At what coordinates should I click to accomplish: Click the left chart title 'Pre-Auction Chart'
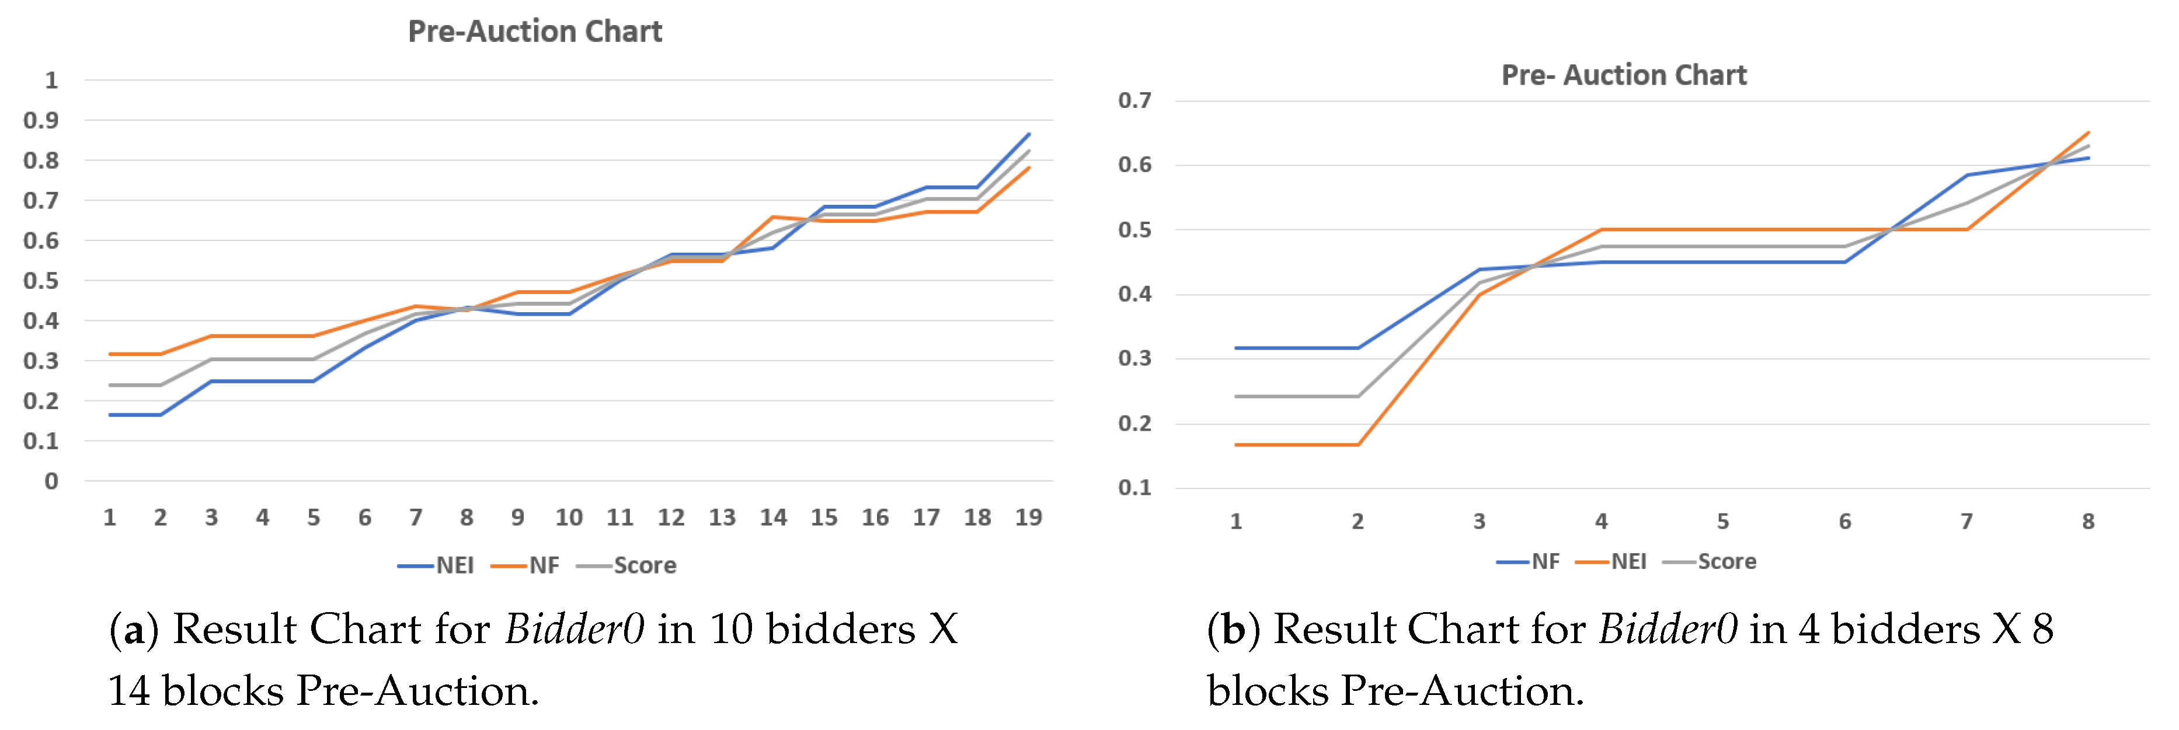pyautogui.click(x=535, y=32)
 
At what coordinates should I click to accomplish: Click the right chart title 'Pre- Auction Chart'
pyautogui.click(x=1623, y=75)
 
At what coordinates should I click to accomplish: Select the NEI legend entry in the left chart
pyautogui.click(x=454, y=565)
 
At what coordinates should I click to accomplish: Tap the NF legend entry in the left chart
pyautogui.click(x=544, y=565)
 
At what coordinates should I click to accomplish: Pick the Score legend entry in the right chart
pyautogui.click(x=1727, y=562)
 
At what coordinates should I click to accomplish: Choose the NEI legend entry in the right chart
pyautogui.click(x=1628, y=562)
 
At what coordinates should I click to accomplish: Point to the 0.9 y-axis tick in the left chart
pyautogui.click(x=41, y=120)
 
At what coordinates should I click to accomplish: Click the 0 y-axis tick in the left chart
pyautogui.click(x=51, y=481)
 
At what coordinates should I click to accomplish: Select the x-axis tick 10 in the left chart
pyautogui.click(x=569, y=518)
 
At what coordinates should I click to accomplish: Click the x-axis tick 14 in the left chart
pyautogui.click(x=773, y=518)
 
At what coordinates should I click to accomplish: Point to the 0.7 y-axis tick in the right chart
pyautogui.click(x=1134, y=101)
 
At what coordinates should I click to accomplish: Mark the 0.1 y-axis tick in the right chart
pyautogui.click(x=1134, y=488)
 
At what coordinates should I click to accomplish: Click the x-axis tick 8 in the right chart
pyautogui.click(x=2089, y=522)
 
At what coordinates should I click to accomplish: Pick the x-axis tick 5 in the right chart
pyautogui.click(x=1723, y=522)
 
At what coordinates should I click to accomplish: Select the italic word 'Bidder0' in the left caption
pyautogui.click(x=575, y=629)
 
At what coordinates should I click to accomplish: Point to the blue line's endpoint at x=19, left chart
pyautogui.click(x=1029, y=134)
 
